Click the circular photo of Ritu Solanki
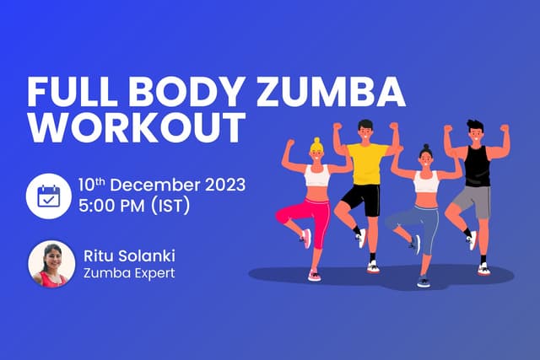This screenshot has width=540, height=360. point(51,264)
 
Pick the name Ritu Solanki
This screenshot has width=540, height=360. point(131,255)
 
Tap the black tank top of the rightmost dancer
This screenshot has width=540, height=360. point(478,165)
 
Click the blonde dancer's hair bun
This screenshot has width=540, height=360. point(316,141)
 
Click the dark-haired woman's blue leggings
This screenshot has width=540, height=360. point(422,220)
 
